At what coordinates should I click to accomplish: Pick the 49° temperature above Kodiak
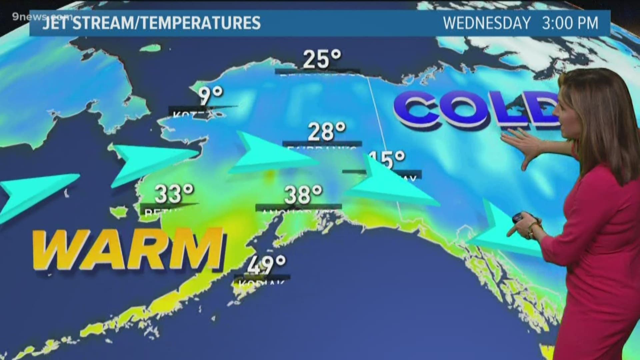pos(267,265)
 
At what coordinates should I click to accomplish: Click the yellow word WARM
pos(128,248)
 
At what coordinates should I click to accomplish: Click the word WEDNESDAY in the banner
pos(487,23)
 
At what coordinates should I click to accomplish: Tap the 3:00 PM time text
pos(570,23)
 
